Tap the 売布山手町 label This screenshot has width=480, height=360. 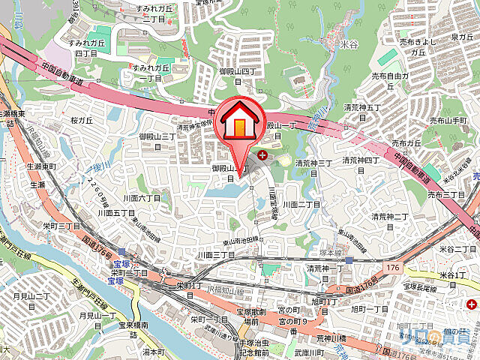[450, 121]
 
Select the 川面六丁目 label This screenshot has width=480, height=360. [142, 198]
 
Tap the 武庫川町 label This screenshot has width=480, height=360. [309, 352]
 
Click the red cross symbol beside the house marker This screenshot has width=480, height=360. [262, 156]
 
